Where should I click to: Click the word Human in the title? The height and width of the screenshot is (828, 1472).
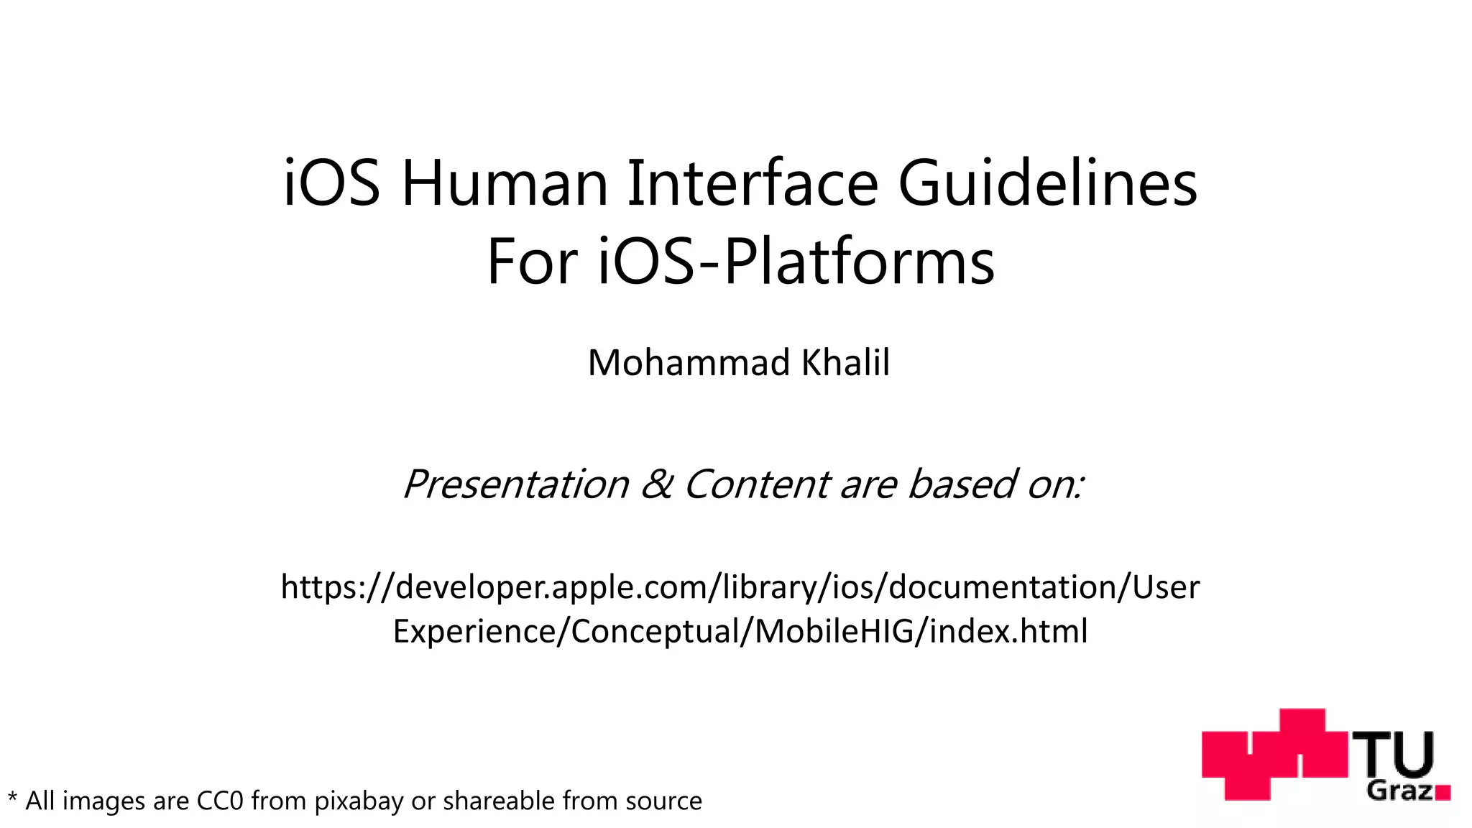coord(506,184)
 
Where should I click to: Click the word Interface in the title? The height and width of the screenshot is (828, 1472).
coord(752,184)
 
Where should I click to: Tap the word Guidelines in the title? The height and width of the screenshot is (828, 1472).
coord(1048,184)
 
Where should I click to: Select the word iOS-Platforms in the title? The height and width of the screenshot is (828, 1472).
coord(796,262)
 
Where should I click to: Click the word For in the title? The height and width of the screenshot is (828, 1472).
coord(532,262)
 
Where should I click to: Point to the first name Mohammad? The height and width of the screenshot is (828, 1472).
coord(689,362)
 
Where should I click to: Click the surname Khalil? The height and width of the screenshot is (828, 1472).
coord(845,362)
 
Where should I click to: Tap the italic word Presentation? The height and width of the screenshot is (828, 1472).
coord(516,484)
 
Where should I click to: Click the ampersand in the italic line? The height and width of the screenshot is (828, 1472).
coord(656,484)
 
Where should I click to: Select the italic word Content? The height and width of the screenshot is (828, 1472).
coord(757,484)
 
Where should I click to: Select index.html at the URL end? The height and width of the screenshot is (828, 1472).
coord(1008,631)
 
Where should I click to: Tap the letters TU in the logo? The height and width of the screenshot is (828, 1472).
coord(1394,755)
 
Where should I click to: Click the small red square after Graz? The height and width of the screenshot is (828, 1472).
coord(1443,793)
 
